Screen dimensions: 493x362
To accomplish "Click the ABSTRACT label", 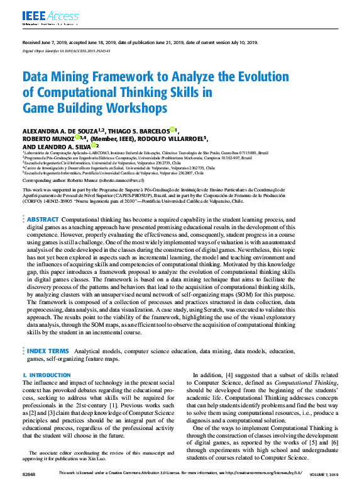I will pyautogui.click(x=43, y=219).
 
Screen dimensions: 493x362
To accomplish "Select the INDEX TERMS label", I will pyautogui.click(x=48, y=350).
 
